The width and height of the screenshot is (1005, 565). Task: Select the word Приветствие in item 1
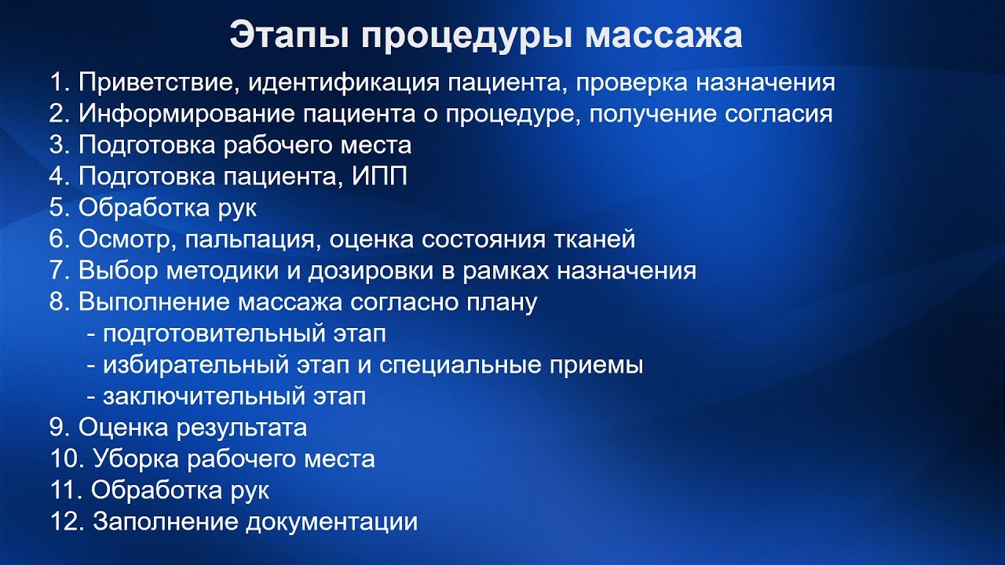click(150, 82)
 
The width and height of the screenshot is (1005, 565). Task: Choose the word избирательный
click(196, 365)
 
